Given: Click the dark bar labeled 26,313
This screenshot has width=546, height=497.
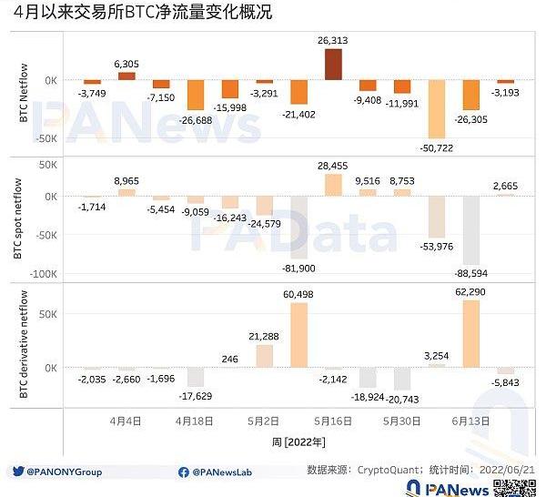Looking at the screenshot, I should pyautogui.click(x=333, y=65).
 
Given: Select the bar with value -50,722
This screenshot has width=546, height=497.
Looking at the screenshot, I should pyautogui.click(x=437, y=108).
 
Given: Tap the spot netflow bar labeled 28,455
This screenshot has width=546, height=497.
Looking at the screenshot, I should pyautogui.click(x=333, y=184).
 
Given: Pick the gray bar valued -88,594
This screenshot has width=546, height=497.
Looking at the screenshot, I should pyautogui.click(x=470, y=229).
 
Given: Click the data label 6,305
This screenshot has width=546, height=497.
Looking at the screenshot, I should pyautogui.click(x=126, y=64).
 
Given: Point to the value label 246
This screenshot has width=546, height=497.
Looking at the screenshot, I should pyautogui.click(x=229, y=360).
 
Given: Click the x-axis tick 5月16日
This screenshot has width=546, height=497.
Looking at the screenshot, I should pyautogui.click(x=333, y=421).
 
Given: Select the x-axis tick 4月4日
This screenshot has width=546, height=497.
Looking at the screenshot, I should pyautogui.click(x=126, y=421).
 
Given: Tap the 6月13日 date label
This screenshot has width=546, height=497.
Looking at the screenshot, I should pyautogui.click(x=470, y=421).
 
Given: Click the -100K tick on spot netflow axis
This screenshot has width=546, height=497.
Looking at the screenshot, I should pyautogui.click(x=43, y=274).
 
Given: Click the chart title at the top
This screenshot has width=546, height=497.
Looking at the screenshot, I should pyautogui.click(x=141, y=13).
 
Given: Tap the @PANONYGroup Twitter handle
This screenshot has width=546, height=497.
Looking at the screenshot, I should pyautogui.click(x=64, y=472).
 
